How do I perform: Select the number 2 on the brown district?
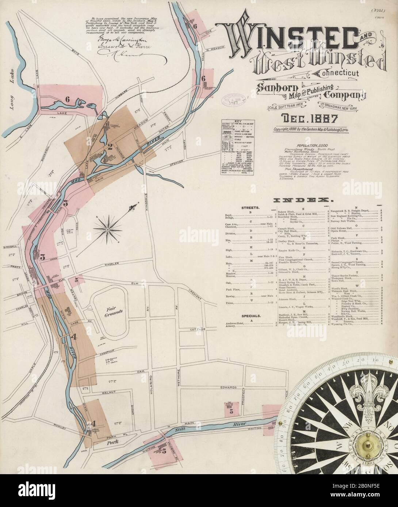point(109,147)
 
